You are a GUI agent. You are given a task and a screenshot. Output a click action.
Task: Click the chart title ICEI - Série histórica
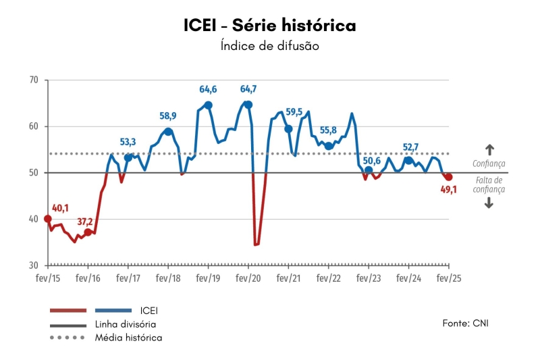pos(269,26)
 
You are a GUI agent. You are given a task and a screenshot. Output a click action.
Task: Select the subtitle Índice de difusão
pos(269,47)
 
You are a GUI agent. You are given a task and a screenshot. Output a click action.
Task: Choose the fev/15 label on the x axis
pos(48,278)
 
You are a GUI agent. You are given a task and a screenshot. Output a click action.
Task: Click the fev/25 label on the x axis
pos(449,278)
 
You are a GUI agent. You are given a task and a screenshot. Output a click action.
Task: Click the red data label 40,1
pos(61,208)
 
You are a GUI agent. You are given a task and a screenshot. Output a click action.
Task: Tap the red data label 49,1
pos(449,190)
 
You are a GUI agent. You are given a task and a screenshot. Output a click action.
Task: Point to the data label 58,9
pos(168,116)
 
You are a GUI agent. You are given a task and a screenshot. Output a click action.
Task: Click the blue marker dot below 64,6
pos(209,105)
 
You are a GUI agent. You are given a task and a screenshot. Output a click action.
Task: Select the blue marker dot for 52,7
pos(408,160)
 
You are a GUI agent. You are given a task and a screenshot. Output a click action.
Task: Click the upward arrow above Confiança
pos(489,150)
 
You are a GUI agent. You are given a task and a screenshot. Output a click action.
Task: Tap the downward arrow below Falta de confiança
pos(489,203)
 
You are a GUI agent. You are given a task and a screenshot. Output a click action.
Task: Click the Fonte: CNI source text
pos(465,323)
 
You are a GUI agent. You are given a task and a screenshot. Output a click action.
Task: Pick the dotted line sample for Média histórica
pos(67,336)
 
